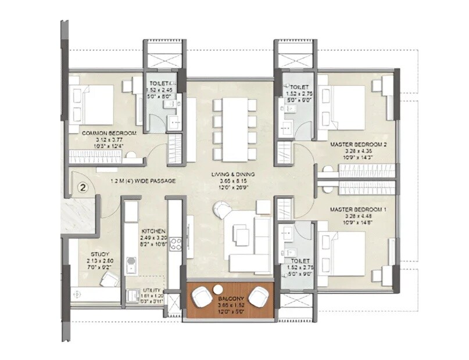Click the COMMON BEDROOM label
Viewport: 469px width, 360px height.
(x=109, y=134)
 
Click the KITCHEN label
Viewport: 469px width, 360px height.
(x=153, y=231)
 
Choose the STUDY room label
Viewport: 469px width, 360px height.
(x=98, y=254)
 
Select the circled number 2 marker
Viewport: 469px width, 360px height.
(x=83, y=188)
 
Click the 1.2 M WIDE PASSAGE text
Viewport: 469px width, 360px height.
(x=143, y=181)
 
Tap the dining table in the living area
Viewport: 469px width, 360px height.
(x=235, y=129)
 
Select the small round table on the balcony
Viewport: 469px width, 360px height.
(x=217, y=289)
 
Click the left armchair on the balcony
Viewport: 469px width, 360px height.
(x=202, y=298)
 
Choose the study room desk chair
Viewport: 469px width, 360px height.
(x=108, y=280)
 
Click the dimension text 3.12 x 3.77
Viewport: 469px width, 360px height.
(x=109, y=140)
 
